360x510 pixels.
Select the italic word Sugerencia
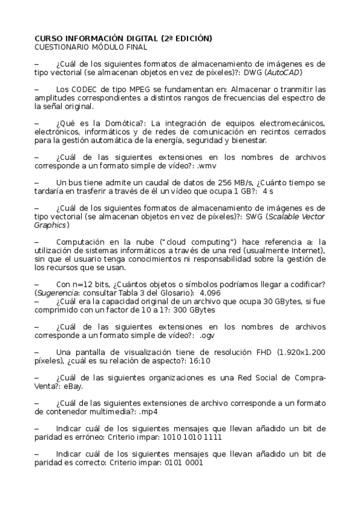[59, 291]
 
